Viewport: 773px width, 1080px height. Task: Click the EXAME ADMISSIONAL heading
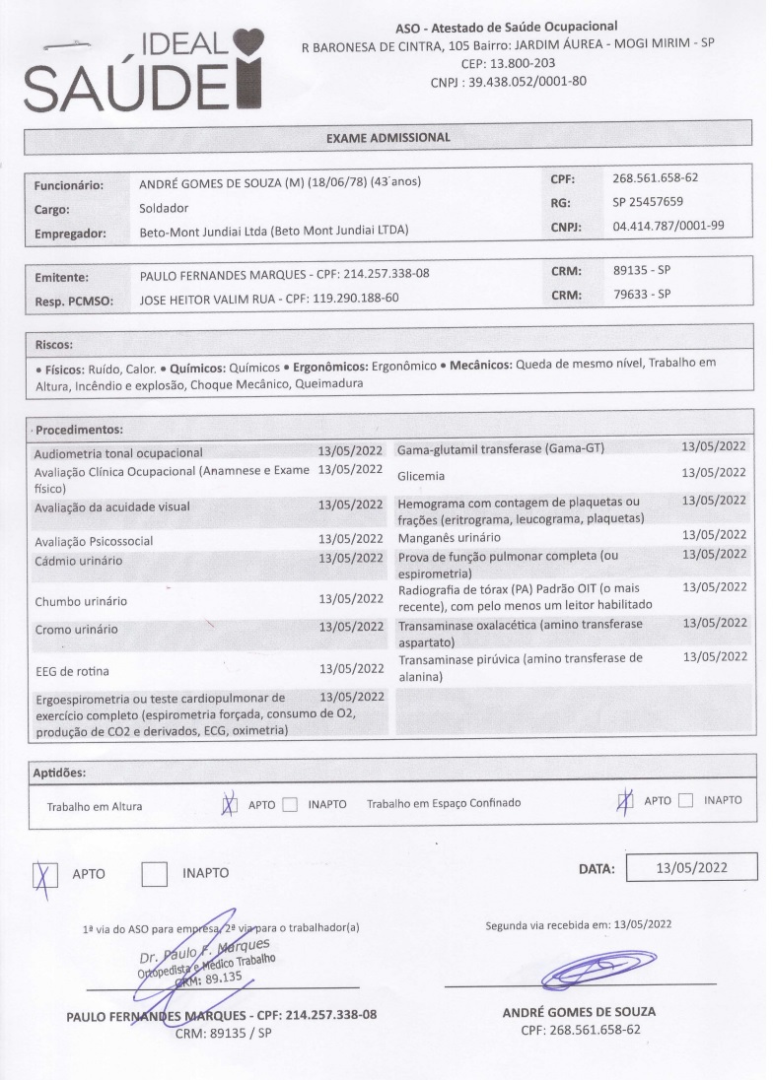(388, 138)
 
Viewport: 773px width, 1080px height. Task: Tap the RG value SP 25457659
(648, 202)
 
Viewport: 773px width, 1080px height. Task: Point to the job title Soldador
(164, 209)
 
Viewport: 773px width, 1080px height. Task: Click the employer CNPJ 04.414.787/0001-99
(668, 226)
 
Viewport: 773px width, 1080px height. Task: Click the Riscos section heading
(53, 346)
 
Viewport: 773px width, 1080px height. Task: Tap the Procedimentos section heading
(79, 430)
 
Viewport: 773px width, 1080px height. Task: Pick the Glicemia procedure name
(423, 476)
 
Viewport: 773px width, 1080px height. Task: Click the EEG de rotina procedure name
(70, 672)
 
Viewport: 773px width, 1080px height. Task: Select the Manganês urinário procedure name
(449, 538)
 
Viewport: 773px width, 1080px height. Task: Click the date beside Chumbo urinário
(350, 599)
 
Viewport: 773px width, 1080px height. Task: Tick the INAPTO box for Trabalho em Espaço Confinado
(686, 800)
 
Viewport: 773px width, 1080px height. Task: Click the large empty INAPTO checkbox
(155, 873)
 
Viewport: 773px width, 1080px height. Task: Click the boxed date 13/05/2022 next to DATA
(691, 867)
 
